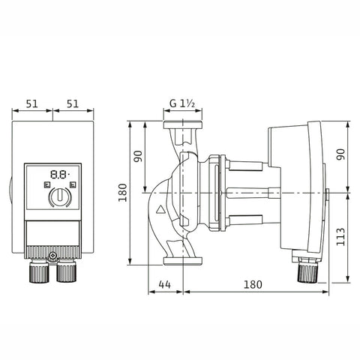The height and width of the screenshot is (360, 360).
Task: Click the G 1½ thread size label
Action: coord(182,103)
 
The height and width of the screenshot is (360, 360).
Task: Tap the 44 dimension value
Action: coord(165,284)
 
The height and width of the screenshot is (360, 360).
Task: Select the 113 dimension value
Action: coord(340,236)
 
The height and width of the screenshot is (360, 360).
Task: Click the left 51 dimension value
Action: coord(32,103)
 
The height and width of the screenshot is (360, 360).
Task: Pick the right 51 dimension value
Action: coord(73,103)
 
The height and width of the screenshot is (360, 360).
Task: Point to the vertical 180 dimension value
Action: coord(123,193)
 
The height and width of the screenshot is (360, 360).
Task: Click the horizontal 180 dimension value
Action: coord(253,284)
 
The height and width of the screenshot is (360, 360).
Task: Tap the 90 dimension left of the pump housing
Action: coord(138,156)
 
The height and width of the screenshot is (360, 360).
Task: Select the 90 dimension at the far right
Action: coord(340,154)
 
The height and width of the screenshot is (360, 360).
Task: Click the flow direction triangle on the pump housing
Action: coord(160,209)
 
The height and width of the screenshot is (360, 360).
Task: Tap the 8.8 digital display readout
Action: coord(59,174)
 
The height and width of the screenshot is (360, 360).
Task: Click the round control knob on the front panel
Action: coord(60,197)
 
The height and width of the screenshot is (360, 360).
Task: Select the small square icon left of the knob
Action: coord(47,185)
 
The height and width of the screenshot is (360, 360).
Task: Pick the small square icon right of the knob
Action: coord(73,185)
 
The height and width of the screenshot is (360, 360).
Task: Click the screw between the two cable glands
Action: coord(52,256)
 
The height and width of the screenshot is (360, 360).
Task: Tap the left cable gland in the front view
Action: coord(39,271)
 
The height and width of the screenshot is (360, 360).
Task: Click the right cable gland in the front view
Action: coord(66,271)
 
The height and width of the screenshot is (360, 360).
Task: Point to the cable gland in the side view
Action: coord(307,272)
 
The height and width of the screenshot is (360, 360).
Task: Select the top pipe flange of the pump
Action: coord(183,124)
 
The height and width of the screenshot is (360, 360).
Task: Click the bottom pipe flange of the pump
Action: coord(183,261)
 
